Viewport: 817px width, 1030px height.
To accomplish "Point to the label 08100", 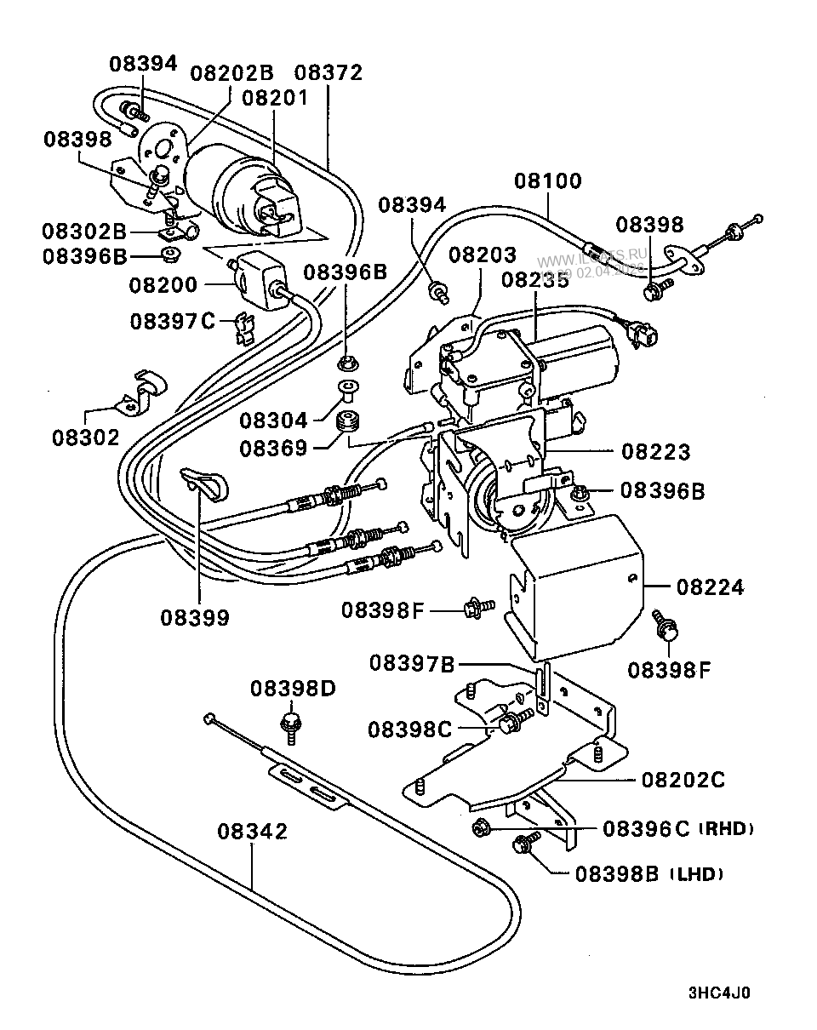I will click(x=547, y=181).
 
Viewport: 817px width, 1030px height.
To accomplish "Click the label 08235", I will click(x=534, y=279).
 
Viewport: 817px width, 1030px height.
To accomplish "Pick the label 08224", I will click(x=710, y=587).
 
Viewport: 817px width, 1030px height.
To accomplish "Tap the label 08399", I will click(x=195, y=617).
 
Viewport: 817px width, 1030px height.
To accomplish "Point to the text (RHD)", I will click(x=727, y=828).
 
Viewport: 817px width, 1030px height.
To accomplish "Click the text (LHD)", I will click(x=696, y=873).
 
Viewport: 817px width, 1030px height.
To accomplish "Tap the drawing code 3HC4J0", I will click(x=719, y=993).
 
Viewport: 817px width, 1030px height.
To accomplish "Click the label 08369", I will click(x=273, y=447).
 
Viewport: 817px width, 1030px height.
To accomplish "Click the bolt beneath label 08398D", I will click(x=288, y=725).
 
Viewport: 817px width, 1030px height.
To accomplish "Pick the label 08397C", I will click(x=173, y=321).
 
